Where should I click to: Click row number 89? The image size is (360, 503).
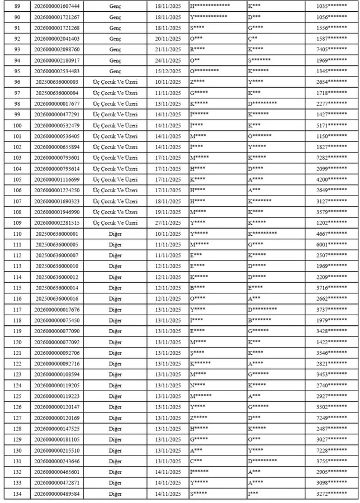(x=11, y=6)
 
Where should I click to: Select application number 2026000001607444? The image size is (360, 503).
(x=57, y=6)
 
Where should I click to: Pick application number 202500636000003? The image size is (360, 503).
(x=57, y=82)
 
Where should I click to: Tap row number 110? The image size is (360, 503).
(x=11, y=234)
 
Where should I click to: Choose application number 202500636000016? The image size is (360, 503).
(x=57, y=299)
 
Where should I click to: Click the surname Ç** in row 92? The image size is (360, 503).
(x=253, y=39)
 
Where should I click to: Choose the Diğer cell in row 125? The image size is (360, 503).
(x=116, y=397)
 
